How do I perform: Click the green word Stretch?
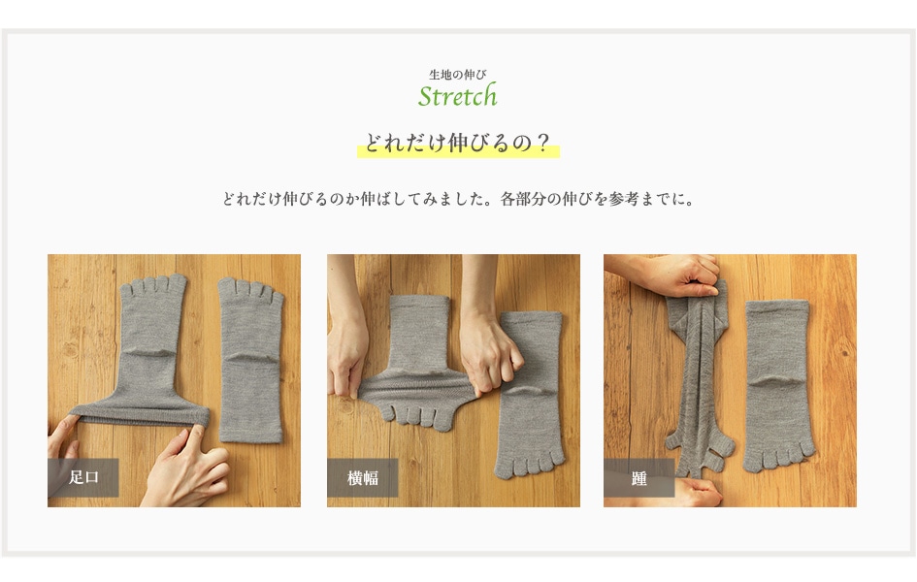(457, 96)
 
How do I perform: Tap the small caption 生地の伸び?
(457, 75)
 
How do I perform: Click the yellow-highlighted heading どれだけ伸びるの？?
(458, 144)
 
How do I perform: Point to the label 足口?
(83, 477)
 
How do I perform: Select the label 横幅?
(363, 478)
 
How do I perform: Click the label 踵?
(639, 478)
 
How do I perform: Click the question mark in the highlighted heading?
(543, 144)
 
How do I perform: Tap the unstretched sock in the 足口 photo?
(250, 359)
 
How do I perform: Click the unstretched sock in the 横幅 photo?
(531, 395)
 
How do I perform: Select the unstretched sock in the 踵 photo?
(778, 386)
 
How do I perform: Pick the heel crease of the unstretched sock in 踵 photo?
(778, 383)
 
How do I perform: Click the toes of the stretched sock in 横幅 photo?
(416, 416)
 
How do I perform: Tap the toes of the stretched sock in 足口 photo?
(153, 285)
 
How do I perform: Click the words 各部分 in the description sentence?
(523, 199)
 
